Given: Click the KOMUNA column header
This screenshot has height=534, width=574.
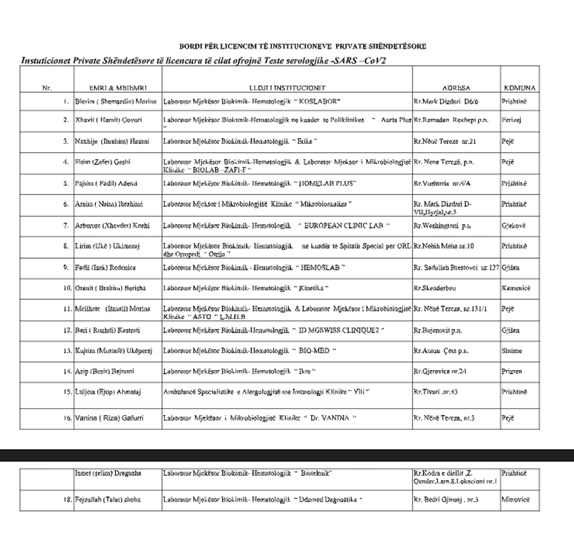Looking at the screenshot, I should coord(520,88).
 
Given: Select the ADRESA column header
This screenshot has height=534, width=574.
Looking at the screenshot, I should coord(456,88).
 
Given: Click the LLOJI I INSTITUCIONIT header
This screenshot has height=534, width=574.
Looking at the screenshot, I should coord(287,88).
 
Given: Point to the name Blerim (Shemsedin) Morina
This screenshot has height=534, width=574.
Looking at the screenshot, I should coord(116,101).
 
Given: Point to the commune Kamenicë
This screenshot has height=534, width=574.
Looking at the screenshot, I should coord(516,288).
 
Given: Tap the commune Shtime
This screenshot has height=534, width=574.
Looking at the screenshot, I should coord(511,351).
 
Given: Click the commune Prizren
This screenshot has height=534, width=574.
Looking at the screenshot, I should coord(511,371).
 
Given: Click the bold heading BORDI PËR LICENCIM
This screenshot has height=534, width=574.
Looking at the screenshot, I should coord(303,46).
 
